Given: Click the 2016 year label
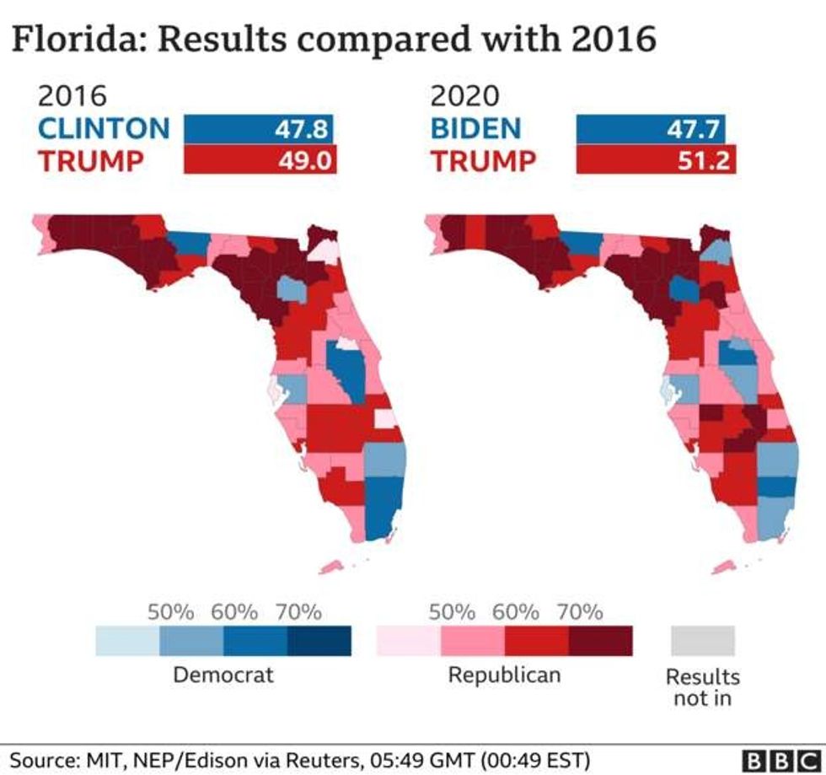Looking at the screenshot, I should [x=72, y=96].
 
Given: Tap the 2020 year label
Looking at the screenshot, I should [x=465, y=96].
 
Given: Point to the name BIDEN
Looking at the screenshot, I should [x=476, y=128].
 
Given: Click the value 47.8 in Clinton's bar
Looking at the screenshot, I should [x=303, y=129].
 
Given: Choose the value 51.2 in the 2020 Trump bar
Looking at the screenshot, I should [x=705, y=159].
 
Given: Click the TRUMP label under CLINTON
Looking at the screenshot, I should [x=92, y=159].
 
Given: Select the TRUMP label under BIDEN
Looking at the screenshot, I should [x=484, y=159].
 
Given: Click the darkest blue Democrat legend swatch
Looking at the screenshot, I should [x=319, y=640].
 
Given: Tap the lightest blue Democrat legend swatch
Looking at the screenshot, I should [x=127, y=640].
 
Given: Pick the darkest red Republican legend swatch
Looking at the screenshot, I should [x=600, y=640].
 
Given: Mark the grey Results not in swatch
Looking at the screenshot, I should [x=702, y=640].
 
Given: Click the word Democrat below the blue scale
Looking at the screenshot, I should [x=223, y=675].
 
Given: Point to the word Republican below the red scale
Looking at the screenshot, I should [x=504, y=675].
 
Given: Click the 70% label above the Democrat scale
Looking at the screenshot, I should [x=298, y=612].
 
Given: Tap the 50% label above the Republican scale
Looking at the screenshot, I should [x=453, y=612].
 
